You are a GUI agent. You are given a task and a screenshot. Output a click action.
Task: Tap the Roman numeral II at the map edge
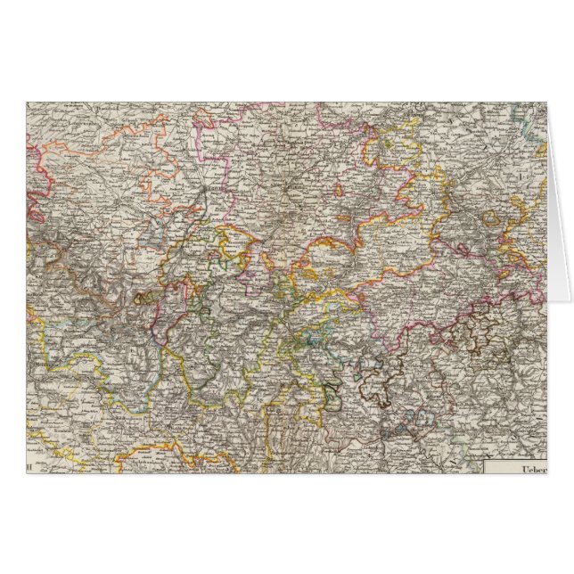(x=34, y=465)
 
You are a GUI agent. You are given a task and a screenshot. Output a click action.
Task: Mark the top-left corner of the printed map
(x=27, y=102)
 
